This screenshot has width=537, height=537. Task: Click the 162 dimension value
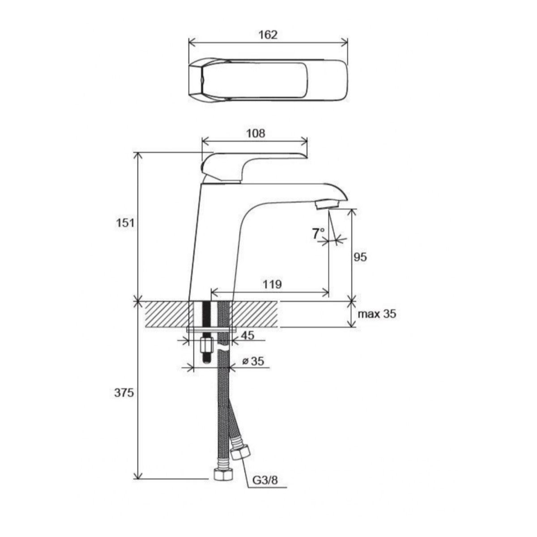pyautogui.click(x=268, y=35)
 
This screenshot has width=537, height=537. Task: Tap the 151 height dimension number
pyautogui.click(x=125, y=223)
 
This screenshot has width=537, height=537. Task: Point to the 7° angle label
pyautogui.click(x=318, y=234)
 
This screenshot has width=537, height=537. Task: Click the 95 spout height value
pyautogui.click(x=360, y=257)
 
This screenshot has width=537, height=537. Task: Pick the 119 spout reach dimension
pyautogui.click(x=272, y=284)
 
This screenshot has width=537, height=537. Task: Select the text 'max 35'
pyautogui.click(x=377, y=314)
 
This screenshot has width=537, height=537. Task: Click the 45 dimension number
pyautogui.click(x=247, y=335)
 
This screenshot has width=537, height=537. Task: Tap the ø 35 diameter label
pyautogui.click(x=253, y=362)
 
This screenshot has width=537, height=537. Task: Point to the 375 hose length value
pyautogui.click(x=124, y=393)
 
